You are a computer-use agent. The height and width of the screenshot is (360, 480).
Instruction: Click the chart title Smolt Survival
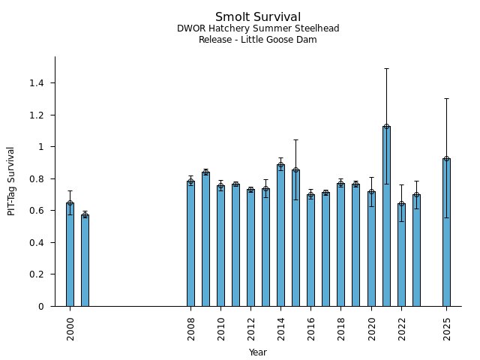click(x=258, y=17)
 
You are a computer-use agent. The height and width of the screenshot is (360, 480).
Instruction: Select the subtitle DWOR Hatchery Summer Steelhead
click(x=258, y=28)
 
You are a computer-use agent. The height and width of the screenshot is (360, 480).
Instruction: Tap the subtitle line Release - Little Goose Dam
click(x=258, y=40)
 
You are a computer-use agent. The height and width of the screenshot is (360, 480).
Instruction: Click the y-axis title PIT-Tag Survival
click(x=11, y=181)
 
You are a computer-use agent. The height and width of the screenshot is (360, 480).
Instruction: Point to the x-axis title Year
click(x=258, y=352)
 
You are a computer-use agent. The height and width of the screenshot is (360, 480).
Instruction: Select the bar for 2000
click(x=70, y=255)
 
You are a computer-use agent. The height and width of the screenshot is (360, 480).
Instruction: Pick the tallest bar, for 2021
click(x=386, y=217)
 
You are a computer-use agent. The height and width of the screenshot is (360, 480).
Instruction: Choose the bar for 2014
click(x=280, y=236)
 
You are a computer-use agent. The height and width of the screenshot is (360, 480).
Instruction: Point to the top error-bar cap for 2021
click(x=386, y=68)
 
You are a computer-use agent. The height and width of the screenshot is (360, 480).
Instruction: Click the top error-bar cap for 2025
click(x=446, y=98)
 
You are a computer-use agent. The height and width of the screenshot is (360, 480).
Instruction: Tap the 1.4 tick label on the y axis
click(x=37, y=82)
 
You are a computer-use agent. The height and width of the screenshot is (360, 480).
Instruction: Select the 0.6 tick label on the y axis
click(x=37, y=211)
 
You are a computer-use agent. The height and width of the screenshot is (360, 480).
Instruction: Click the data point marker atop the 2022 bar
click(x=401, y=204)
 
